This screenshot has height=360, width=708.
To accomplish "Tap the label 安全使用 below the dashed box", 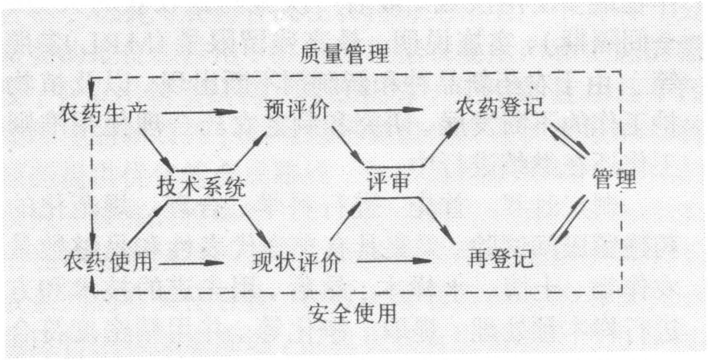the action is coord(353,313).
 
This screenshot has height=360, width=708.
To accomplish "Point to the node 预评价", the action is coord(296,110).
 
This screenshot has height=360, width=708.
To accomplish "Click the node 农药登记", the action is coord(500,107).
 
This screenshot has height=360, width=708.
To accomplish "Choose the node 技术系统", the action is coord(202,186).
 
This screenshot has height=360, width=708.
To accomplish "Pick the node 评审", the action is coord(387,183).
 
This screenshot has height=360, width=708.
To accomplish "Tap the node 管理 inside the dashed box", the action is coord(614,179).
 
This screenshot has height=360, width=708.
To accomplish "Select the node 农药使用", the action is coord(107,261).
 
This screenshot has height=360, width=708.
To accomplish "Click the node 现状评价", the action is coord(296,262).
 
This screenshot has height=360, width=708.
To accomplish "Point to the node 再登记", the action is coord(500,259).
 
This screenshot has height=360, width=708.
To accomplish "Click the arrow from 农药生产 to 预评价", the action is coord(199,111).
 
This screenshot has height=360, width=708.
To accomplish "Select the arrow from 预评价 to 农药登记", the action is coord(388,109).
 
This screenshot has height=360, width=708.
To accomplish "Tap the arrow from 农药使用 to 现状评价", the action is coord(191,262).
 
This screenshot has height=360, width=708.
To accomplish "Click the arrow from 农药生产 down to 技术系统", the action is coord(156,149).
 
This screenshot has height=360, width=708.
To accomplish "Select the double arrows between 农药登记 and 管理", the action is coord(569,140).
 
